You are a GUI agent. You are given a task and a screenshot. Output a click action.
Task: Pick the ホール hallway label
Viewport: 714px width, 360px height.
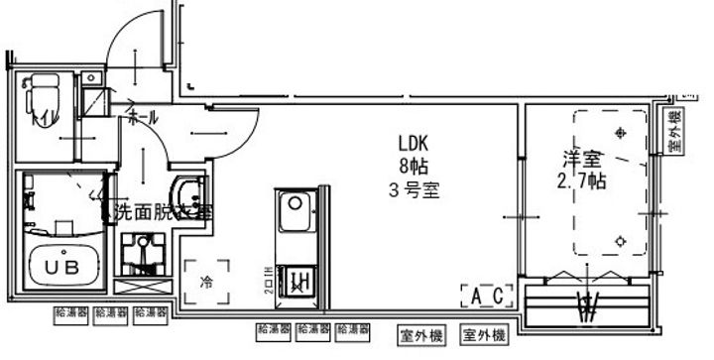(140, 118)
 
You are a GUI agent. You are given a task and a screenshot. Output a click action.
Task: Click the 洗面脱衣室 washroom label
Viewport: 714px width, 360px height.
(162, 211)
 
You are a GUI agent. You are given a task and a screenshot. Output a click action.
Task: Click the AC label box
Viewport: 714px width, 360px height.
(486, 295)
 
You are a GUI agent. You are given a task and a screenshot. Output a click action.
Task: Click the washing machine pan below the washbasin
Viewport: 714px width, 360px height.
(142, 256)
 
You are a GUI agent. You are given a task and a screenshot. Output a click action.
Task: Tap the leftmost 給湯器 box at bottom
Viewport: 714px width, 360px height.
(71, 313)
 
